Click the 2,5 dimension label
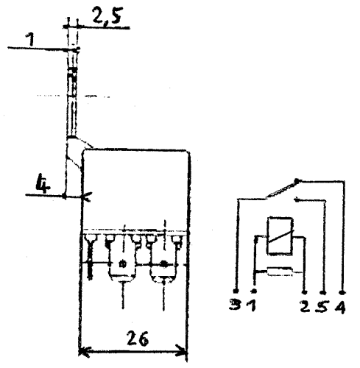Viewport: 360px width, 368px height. tap(107, 16)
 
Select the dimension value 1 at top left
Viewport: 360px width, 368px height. tap(31, 40)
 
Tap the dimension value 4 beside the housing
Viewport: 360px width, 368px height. tap(43, 183)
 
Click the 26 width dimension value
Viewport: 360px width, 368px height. tap(138, 339)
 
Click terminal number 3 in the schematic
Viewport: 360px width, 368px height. tap(235, 305)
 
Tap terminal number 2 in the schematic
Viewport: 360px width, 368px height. tap(305, 306)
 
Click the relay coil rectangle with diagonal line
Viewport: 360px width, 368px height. tap(280, 236)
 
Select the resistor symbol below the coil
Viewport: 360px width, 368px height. tap(280, 272)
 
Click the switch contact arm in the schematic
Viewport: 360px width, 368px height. tap(282, 189)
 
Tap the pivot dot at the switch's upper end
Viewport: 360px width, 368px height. tap(297, 181)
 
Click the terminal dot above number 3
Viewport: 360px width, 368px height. tap(236, 291)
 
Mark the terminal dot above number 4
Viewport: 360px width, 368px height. tap(343, 292)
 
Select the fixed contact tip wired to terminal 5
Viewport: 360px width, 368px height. tap(297, 200)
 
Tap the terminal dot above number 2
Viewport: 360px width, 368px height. tap(305, 292)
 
